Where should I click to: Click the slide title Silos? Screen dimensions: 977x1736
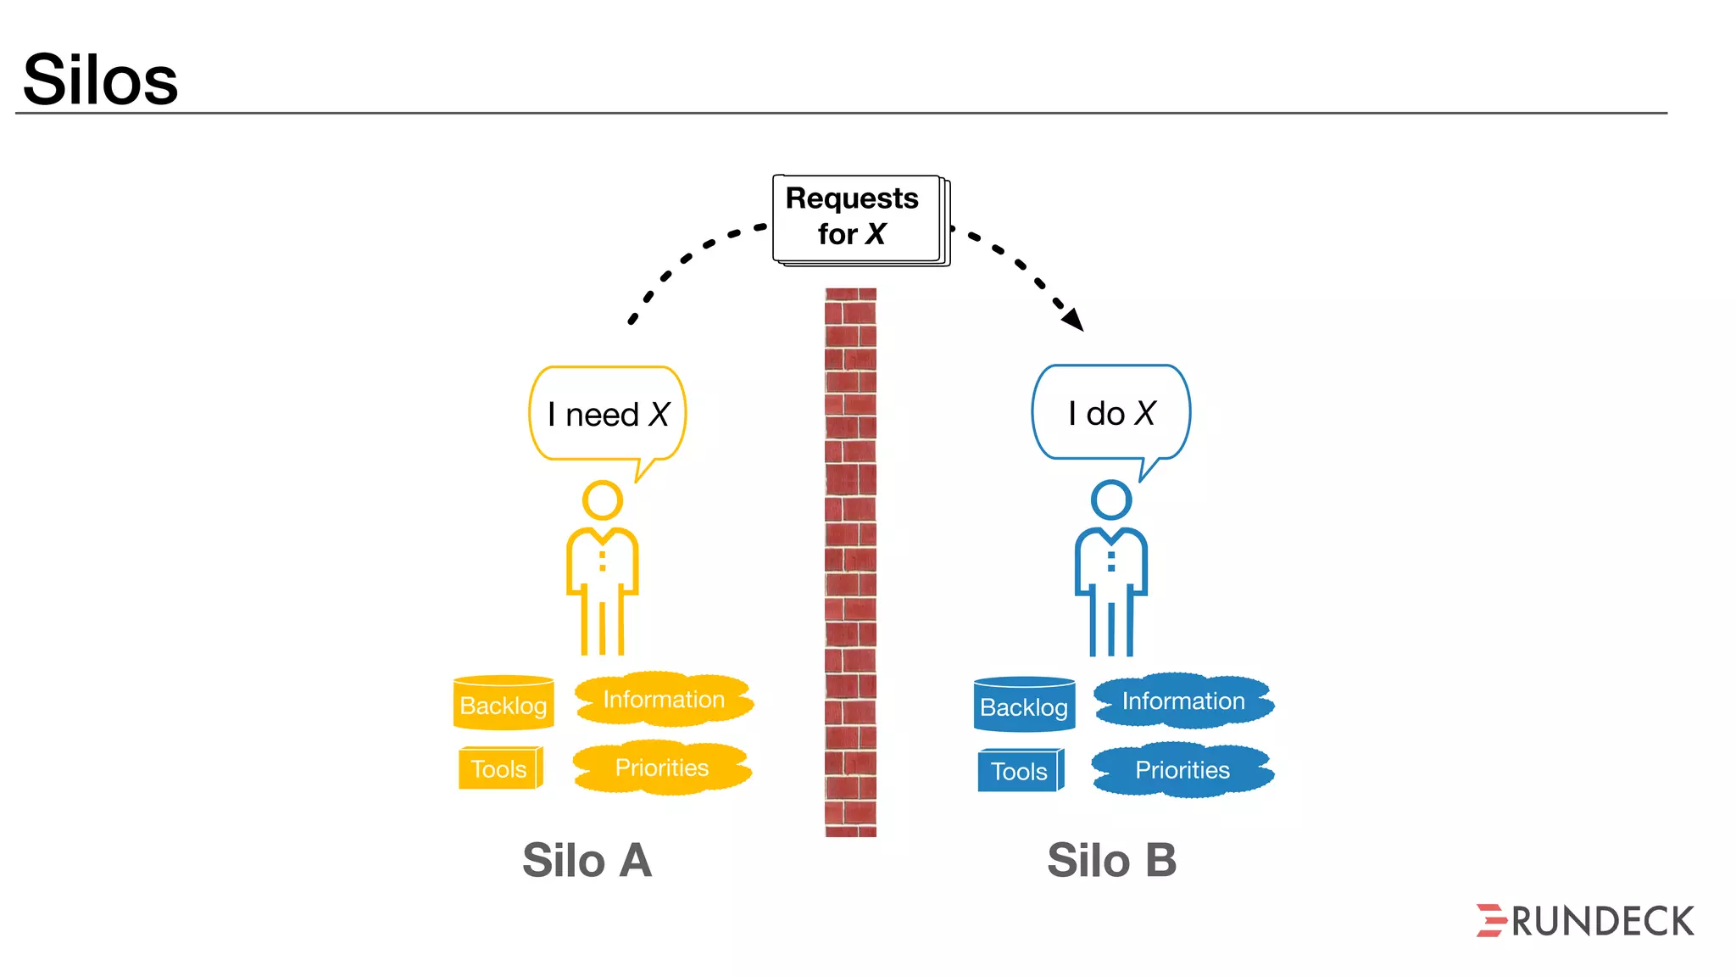click(x=100, y=80)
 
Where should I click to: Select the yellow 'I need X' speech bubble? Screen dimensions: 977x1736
click(x=607, y=414)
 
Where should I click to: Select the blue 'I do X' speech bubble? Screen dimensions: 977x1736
click(x=1110, y=413)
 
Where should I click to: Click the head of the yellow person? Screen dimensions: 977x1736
click(x=603, y=500)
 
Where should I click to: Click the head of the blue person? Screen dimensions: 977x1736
click(x=1111, y=500)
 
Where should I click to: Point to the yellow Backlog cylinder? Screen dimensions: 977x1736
click(x=504, y=703)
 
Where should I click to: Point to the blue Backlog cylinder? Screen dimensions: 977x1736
click(x=1024, y=705)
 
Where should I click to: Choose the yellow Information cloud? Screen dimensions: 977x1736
click(x=664, y=700)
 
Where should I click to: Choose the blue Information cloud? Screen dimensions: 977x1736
click(x=1183, y=701)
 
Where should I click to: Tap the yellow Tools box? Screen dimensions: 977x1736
click(x=499, y=768)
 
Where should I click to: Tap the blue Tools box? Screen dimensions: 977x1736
click(x=1020, y=770)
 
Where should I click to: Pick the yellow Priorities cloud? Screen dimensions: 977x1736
click(x=662, y=768)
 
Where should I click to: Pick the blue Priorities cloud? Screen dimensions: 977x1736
click(x=1182, y=770)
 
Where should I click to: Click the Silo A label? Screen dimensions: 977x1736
click(x=587, y=860)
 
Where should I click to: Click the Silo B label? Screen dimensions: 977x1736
click(x=1111, y=860)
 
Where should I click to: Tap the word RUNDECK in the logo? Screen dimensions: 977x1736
click(x=1603, y=922)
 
